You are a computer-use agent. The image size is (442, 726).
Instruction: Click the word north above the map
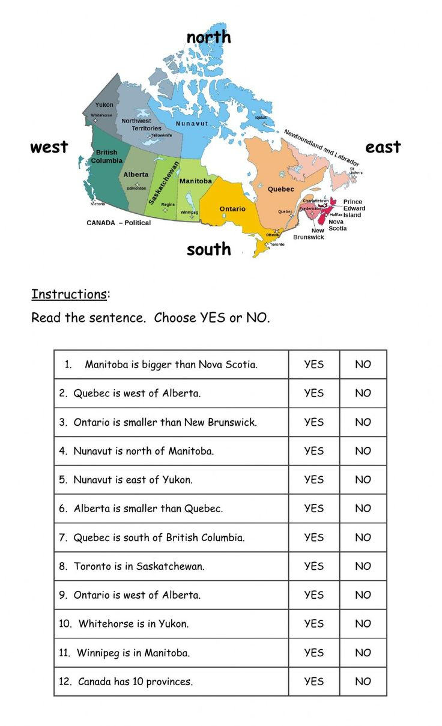coord(208,37)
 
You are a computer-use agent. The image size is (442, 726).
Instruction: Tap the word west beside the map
coord(49,147)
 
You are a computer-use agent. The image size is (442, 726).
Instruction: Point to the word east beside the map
coord(383,147)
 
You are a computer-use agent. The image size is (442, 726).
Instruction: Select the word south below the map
coord(208,249)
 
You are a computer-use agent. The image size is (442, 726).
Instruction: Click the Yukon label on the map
coord(104,105)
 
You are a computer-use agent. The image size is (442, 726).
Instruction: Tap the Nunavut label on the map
coord(192,123)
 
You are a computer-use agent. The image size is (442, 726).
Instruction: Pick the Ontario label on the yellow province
coord(232,209)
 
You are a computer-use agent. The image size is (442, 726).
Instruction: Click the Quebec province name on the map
coord(281,189)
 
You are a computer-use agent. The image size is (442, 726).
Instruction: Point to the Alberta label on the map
coord(136,175)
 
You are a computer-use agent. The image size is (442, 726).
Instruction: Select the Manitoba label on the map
coord(196,181)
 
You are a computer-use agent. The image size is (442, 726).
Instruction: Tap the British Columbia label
coord(107,157)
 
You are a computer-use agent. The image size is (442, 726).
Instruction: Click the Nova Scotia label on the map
coord(337,225)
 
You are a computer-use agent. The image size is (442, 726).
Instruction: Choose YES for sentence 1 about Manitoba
coord(313,365)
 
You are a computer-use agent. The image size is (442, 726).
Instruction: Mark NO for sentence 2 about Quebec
coord(363,393)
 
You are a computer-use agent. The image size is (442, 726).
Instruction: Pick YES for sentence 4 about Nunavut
coord(313,451)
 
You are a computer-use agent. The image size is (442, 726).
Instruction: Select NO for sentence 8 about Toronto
coord(363,566)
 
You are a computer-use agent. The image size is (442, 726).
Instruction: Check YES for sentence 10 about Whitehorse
coord(313,624)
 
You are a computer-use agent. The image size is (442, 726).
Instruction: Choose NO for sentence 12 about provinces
coord(363,682)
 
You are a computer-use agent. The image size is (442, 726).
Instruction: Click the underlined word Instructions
coord(69,294)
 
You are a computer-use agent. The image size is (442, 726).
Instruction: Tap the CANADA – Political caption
coord(119,223)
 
